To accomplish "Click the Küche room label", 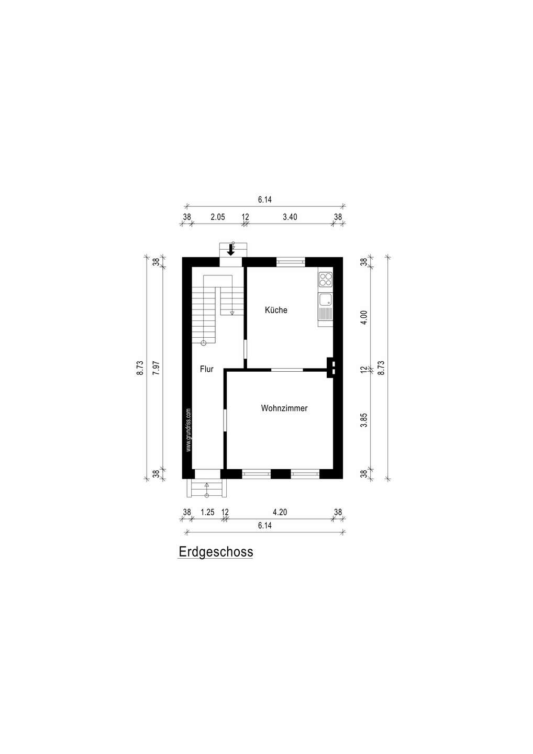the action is pos(276,310).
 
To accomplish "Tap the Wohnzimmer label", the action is pos(284,408).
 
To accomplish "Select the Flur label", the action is pos(207,369).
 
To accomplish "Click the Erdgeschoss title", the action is pos(216,552).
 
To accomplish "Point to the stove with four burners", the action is pos(325,279).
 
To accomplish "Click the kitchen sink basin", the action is pos(325,300).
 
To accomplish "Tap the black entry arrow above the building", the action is pos(231,250).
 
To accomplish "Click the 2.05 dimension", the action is pos(218,217).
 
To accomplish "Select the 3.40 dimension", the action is pos(290,217).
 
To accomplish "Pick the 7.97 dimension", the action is pos(156,368).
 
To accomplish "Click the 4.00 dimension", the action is pos(364,317).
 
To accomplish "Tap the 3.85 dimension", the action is pos(364,420).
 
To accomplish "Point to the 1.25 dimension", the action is pos(207,512).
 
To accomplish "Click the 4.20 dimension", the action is pos(280,512).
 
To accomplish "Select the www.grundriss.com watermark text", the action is pos(188,430).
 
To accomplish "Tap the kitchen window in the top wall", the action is pos(291,262).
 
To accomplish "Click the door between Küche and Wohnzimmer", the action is pos(287,370).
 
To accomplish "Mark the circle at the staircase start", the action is pos(203,343).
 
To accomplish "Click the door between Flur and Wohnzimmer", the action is pos(225,420).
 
